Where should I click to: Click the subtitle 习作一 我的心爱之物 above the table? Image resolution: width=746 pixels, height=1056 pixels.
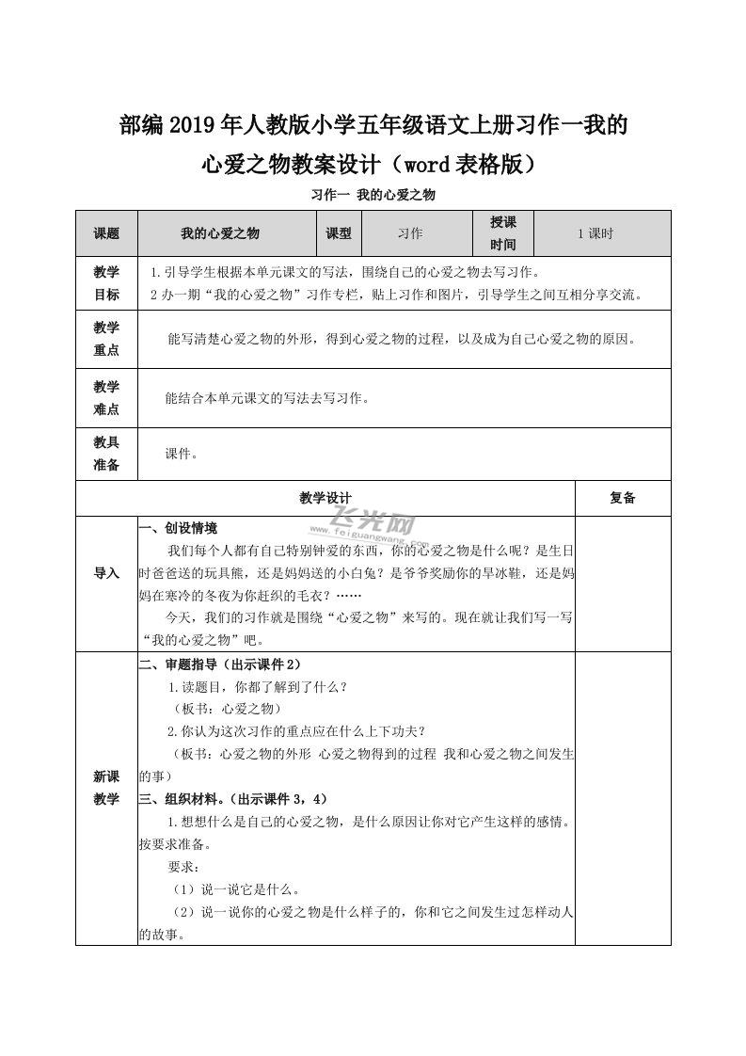(x=373, y=196)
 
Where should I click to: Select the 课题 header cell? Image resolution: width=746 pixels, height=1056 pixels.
(x=106, y=233)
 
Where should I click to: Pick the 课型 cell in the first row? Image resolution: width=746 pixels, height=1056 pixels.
(x=338, y=233)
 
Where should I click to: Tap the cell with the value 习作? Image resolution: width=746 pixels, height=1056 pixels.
(x=410, y=233)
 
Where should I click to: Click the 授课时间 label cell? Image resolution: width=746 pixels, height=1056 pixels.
(x=503, y=233)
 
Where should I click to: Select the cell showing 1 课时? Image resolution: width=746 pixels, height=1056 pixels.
(x=595, y=233)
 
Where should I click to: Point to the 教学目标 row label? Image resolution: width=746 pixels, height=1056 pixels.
(x=106, y=283)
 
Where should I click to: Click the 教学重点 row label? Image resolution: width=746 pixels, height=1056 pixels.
(x=106, y=339)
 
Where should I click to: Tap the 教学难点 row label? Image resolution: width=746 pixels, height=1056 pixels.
(x=106, y=397)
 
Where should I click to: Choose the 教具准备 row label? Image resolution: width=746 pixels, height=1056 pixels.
(x=106, y=454)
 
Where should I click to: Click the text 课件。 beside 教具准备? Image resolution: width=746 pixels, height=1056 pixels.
(x=181, y=454)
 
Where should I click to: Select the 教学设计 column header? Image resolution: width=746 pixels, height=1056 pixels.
(x=325, y=498)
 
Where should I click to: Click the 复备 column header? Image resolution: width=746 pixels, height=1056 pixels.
(x=622, y=498)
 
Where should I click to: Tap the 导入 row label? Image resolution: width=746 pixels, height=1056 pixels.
(x=106, y=572)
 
